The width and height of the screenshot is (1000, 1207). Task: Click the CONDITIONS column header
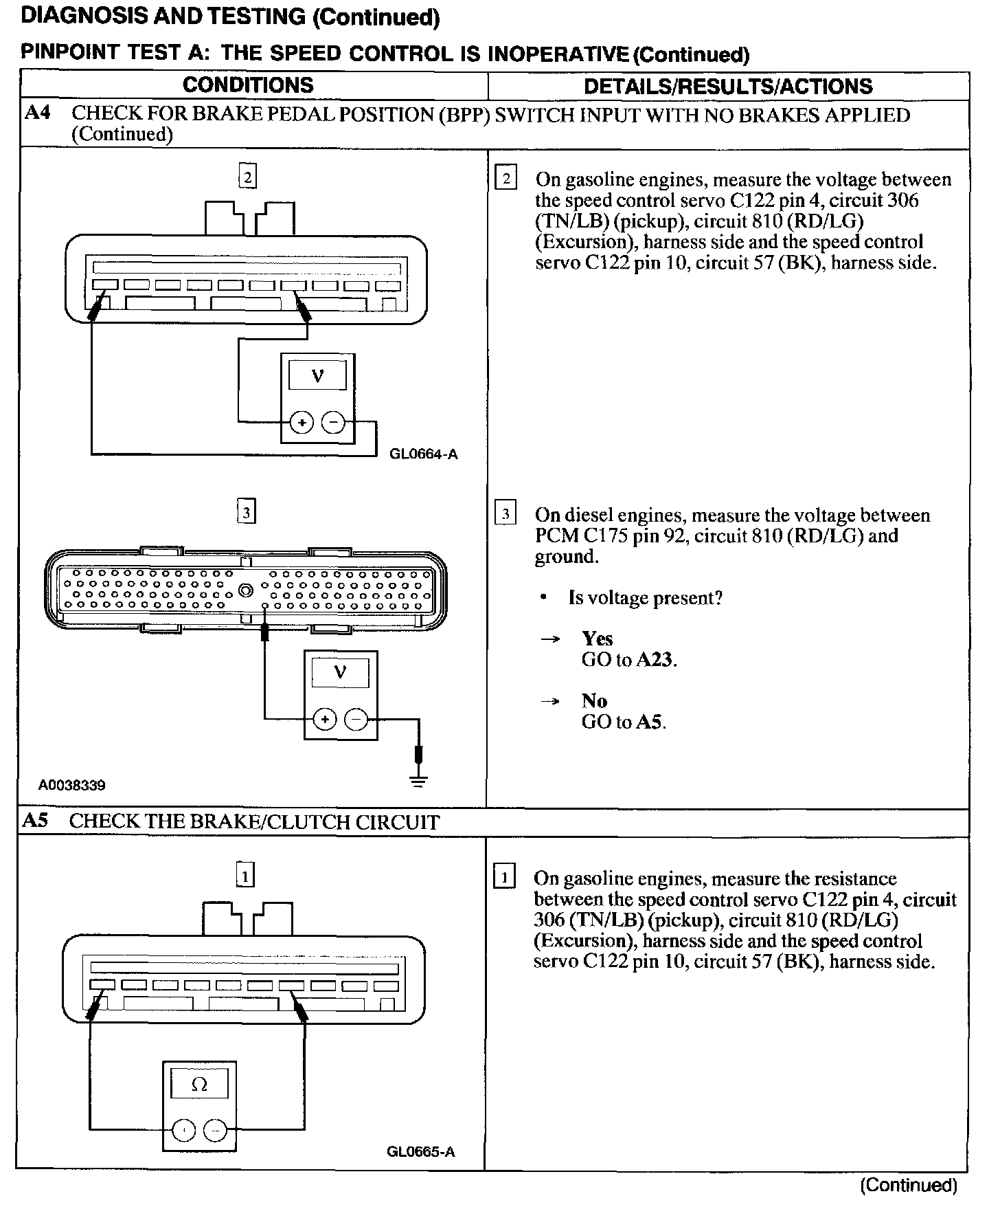pos(248,85)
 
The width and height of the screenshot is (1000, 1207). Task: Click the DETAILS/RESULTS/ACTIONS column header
pos(728,87)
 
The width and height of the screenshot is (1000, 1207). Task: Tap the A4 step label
pos(38,113)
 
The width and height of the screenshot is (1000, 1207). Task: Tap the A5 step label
pos(36,821)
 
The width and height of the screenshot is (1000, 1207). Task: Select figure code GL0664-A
pos(423,454)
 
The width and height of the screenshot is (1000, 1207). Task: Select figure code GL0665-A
pos(420,1152)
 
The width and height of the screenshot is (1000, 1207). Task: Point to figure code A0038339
pos(72,785)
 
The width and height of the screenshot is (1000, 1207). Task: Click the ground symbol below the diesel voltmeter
pos(418,779)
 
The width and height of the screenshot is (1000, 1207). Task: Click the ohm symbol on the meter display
pos(199,1085)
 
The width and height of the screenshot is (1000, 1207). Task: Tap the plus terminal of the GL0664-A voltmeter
pos(301,423)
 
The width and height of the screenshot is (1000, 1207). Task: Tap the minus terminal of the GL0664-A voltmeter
pos(334,423)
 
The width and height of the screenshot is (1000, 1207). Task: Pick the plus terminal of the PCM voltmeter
pos(324,720)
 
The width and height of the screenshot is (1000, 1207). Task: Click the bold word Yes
pos(597,639)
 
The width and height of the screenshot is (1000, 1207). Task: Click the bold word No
pos(594,701)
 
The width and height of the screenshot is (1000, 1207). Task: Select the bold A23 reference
pos(655,660)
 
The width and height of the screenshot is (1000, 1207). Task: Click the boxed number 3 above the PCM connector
pos(247,512)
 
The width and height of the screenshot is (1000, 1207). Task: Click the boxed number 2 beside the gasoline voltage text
pos(506,179)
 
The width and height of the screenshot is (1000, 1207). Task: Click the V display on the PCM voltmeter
pos(340,672)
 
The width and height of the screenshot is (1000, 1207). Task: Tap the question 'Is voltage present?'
pos(645,598)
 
